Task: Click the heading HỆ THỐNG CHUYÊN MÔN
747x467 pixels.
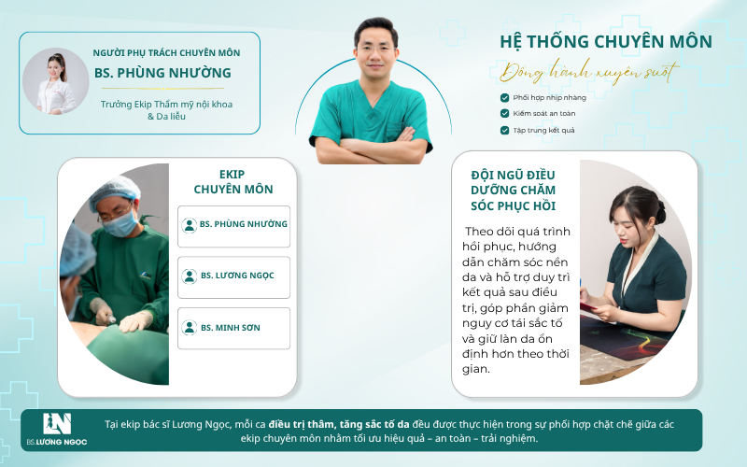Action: pos(605,42)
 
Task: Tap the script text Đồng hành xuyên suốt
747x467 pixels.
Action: pos(589,73)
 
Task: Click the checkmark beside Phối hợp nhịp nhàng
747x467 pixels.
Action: pos(504,98)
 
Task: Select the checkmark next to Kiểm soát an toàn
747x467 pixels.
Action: pos(504,113)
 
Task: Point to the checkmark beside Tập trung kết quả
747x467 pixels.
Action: pos(504,130)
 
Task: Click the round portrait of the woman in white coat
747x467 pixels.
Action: pos(56,81)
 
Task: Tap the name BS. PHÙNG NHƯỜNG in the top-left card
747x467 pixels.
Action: pos(162,73)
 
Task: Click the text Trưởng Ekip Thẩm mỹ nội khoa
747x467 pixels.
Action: pos(166,104)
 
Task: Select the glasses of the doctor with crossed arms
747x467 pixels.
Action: pos(376,49)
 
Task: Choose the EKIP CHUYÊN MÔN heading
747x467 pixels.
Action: pos(233,181)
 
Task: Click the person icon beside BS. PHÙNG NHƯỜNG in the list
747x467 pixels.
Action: pos(190,225)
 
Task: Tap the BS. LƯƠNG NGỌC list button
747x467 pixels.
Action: pos(234,277)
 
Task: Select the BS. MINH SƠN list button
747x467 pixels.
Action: pos(234,329)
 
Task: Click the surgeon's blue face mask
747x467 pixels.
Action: pos(120,224)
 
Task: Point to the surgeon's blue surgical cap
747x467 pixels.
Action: pos(114,191)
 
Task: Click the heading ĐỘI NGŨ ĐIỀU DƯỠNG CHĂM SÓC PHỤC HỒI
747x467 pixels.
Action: pos(513,191)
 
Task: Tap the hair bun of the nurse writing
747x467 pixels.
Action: pos(660,212)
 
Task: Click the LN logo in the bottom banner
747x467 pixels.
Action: pos(57,424)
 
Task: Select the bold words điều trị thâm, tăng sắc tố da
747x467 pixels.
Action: pos(339,424)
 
